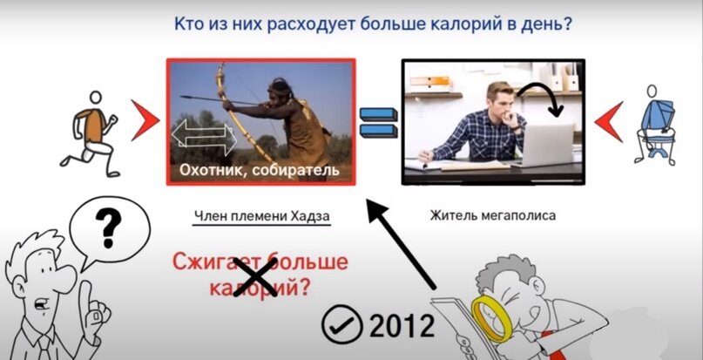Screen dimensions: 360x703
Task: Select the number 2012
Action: point(402,325)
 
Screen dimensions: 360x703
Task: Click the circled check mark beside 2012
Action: point(339,326)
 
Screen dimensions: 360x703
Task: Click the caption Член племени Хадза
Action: point(261,214)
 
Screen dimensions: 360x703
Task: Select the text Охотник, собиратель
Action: point(259,169)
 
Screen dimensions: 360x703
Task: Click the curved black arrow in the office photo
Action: point(539,94)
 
